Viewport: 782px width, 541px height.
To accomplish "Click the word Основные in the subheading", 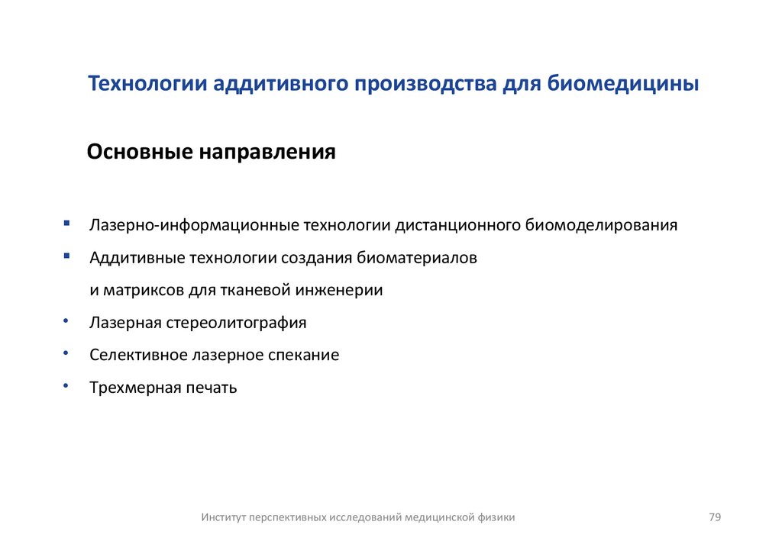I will [139, 151].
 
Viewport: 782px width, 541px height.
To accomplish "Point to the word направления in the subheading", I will [267, 151].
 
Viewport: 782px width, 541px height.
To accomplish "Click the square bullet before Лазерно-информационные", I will [67, 224].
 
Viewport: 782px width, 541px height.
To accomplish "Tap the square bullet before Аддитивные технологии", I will [67, 256].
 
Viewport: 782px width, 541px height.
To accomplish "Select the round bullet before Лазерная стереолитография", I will [66, 321].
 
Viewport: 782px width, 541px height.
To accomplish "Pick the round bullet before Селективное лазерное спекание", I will [66, 353].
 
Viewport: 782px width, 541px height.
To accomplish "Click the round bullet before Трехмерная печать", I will [66, 386].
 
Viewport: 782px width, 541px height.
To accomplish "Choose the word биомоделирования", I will [602, 226].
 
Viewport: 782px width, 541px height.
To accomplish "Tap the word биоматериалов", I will [416, 258].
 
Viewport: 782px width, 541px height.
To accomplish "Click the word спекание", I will [303, 355].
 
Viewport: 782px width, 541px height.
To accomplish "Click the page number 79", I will [715, 517].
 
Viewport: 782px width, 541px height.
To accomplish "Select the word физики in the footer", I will [497, 517].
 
